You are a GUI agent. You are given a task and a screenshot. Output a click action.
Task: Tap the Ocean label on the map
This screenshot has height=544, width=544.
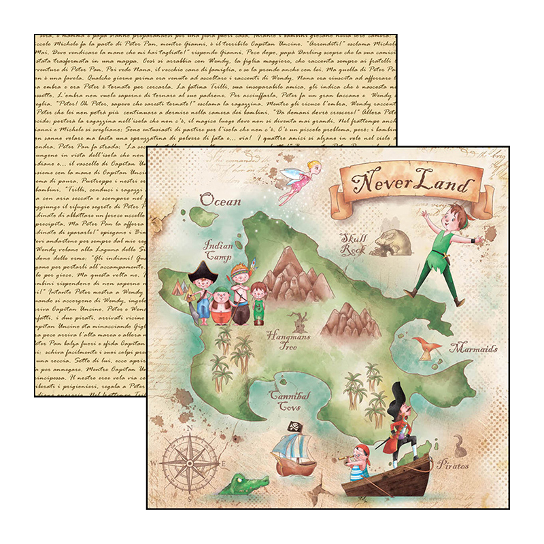point(220,200)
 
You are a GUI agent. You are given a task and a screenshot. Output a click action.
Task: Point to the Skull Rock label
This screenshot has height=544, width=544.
point(354,243)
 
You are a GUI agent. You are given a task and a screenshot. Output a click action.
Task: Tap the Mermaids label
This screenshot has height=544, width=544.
point(473,349)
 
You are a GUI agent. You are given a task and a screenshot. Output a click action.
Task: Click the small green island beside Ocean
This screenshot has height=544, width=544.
point(200,217)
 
